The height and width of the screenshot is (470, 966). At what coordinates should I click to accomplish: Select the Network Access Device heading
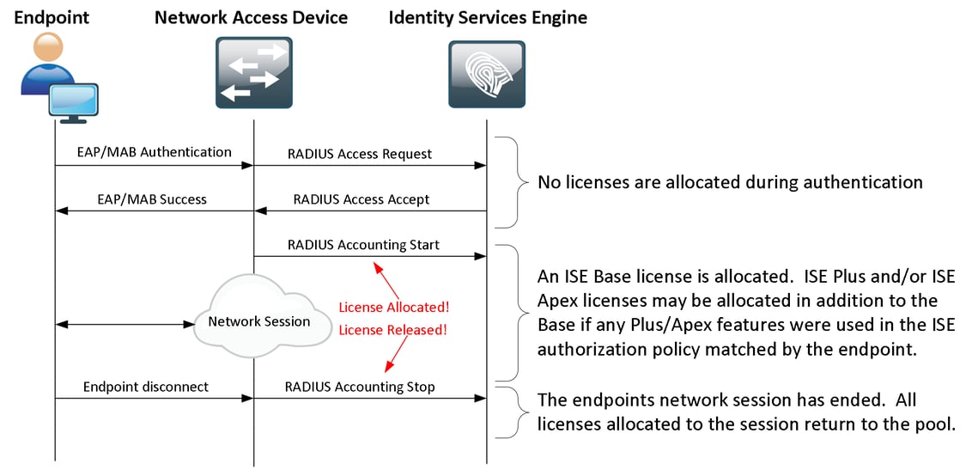[251, 17]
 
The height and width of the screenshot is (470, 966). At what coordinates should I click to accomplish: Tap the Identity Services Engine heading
[488, 17]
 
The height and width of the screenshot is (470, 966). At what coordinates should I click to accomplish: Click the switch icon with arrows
[253, 75]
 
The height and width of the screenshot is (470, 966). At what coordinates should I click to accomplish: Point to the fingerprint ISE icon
[487, 75]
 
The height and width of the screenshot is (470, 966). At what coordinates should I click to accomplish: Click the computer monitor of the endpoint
[72, 101]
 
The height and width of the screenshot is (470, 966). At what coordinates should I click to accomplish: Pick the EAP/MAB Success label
[153, 199]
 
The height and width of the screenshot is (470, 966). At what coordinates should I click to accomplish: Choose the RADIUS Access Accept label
[361, 199]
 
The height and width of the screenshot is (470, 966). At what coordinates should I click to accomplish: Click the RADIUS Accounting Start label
[362, 245]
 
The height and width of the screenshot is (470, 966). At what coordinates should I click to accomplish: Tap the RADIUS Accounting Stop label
[360, 387]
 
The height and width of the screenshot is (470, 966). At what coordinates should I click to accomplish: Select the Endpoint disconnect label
[146, 387]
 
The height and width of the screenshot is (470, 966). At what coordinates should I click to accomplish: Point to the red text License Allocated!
[393, 307]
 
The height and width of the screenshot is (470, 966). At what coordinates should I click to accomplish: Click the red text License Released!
[393, 329]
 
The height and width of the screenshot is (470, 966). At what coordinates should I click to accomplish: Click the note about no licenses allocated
[730, 182]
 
